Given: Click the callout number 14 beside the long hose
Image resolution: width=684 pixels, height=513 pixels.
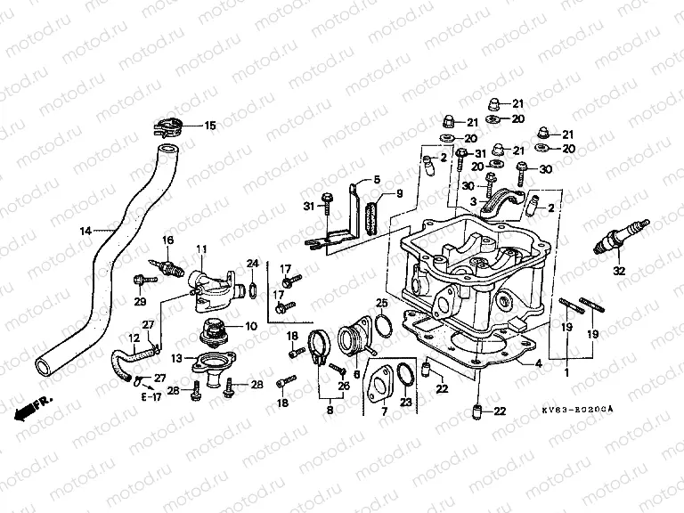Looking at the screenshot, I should (85, 232).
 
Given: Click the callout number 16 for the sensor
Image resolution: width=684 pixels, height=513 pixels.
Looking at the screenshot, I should (167, 240).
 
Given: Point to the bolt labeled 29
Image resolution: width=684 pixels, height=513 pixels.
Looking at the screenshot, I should (138, 280).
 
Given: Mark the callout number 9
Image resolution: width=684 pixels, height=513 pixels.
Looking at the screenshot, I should (399, 193).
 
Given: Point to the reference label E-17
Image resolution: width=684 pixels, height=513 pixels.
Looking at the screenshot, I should (151, 397).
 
